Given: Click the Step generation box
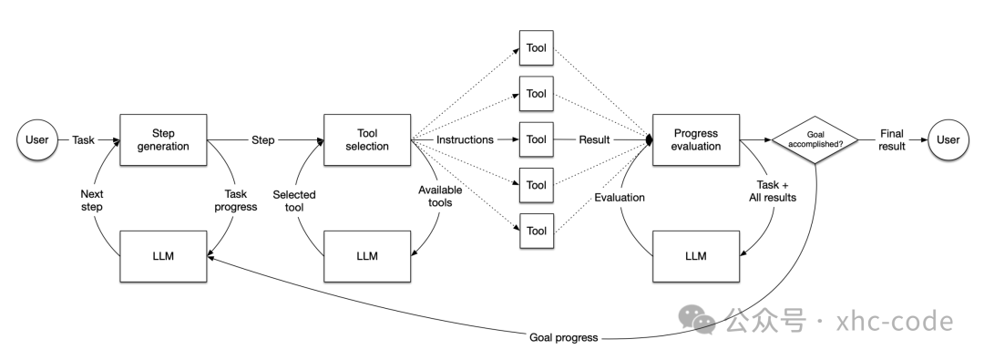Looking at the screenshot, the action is [x=163, y=139].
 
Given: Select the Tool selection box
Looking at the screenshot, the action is [x=367, y=139].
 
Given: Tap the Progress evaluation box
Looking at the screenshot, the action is [x=696, y=139].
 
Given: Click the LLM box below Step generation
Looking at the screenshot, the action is [x=163, y=256].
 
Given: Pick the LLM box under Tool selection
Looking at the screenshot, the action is [x=367, y=256].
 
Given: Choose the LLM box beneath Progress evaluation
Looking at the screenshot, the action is [x=696, y=256].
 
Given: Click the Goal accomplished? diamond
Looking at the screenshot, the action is [x=815, y=139].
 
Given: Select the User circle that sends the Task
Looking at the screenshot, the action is [x=37, y=139].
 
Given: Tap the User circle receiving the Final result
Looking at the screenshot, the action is [x=948, y=139].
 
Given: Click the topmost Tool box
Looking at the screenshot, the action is [x=537, y=47].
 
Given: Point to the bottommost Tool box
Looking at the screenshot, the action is [x=537, y=231].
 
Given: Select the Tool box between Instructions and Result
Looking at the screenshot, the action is [x=537, y=139].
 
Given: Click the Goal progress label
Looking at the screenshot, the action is [x=564, y=337].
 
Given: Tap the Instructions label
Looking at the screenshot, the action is [x=465, y=139].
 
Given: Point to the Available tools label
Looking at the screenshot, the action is [x=440, y=196].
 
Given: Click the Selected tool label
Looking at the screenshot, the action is [x=293, y=201].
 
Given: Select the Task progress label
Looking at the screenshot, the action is [x=236, y=201].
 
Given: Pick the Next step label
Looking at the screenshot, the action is [x=92, y=201].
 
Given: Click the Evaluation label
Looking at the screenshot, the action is [x=620, y=197].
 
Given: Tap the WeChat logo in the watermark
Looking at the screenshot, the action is [x=697, y=319].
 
